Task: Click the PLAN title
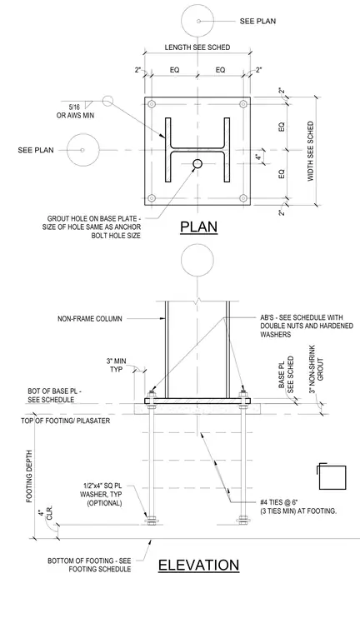click(x=198, y=227)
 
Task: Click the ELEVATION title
click(x=198, y=565)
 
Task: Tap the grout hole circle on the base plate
click(x=197, y=163)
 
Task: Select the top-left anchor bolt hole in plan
click(x=152, y=104)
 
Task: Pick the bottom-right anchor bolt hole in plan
click(x=243, y=198)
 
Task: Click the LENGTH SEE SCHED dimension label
click(x=197, y=47)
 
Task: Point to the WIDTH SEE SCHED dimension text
click(x=311, y=151)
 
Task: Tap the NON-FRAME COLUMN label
click(x=90, y=318)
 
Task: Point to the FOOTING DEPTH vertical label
click(x=29, y=476)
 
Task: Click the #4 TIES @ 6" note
click(x=299, y=506)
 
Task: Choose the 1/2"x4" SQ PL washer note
click(x=102, y=495)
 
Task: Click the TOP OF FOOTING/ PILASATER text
click(x=66, y=421)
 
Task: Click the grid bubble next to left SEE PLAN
click(x=82, y=150)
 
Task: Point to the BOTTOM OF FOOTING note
click(x=89, y=565)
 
